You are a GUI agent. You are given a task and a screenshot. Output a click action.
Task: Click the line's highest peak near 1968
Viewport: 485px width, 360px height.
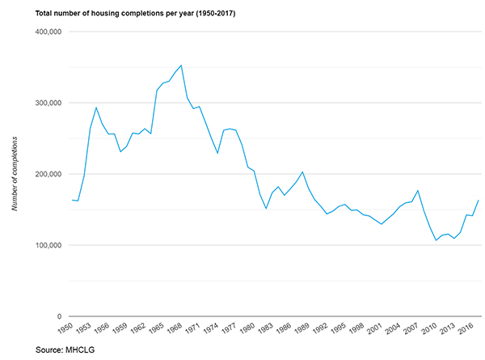(x=181, y=65)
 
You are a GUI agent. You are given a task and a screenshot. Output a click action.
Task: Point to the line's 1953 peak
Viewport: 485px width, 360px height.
(x=96, y=108)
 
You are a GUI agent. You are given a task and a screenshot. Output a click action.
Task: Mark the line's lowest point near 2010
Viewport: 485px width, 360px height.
(x=436, y=240)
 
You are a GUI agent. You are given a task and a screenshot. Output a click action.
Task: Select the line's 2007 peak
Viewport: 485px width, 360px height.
(x=418, y=191)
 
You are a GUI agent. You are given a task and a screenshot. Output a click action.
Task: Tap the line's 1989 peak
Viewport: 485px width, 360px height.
(x=302, y=172)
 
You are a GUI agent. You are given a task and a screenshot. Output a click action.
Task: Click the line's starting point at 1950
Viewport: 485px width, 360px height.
(x=72, y=200)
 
